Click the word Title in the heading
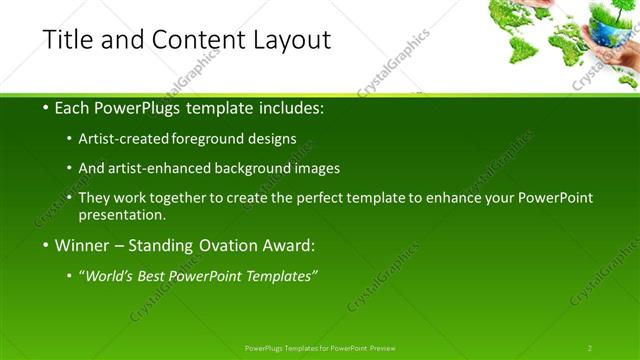point(66,40)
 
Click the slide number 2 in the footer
point(590,348)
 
